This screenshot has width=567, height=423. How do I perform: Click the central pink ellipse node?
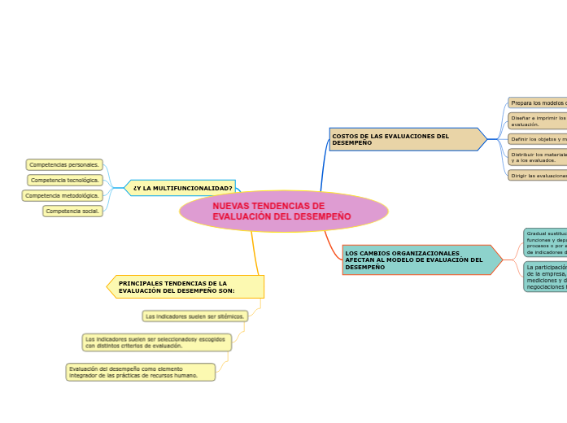[284, 211]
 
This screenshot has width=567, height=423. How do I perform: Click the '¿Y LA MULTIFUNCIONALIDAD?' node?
[182, 188]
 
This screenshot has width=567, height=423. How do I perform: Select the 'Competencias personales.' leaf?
[64, 164]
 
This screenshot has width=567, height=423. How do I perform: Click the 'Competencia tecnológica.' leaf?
[65, 180]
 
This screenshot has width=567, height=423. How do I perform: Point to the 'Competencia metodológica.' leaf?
[63, 195]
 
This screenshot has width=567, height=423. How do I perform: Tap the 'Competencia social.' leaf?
[72, 211]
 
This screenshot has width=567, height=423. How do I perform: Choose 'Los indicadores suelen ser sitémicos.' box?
[194, 316]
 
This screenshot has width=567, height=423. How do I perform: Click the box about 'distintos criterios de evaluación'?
[156, 342]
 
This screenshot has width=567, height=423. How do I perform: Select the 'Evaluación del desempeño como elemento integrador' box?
[140, 372]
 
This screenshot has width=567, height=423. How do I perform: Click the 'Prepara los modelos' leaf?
[538, 102]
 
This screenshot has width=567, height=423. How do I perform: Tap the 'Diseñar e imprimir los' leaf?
[538, 120]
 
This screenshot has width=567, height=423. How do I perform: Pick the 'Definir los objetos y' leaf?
[538, 139]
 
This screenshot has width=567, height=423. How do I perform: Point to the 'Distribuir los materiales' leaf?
[538, 157]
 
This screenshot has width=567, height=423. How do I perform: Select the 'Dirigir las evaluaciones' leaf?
[538, 175]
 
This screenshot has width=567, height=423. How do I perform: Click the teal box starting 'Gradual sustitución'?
[546, 242]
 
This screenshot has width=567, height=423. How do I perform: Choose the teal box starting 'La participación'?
[546, 277]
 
